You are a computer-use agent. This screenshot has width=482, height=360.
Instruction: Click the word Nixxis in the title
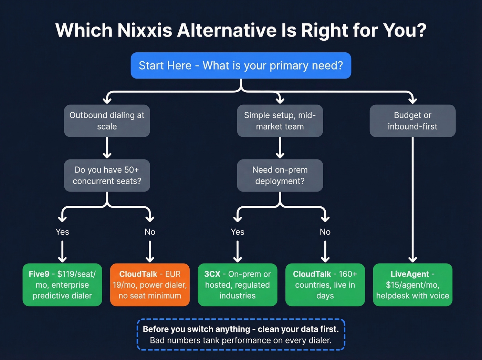pyautogui.click(x=145, y=30)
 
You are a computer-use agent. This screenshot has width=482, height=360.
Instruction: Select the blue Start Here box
pyautogui.click(x=241, y=65)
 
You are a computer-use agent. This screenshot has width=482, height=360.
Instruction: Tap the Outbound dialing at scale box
pyautogui.click(x=107, y=121)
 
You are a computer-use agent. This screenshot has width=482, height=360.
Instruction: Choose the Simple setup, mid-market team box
pyautogui.click(x=280, y=121)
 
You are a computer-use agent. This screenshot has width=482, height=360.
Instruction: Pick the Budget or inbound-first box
pyautogui.click(x=412, y=121)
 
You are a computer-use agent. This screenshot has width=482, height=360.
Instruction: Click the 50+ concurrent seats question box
pyautogui.click(x=107, y=175)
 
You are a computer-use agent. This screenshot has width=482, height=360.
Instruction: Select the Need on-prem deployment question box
pyautogui.click(x=280, y=175)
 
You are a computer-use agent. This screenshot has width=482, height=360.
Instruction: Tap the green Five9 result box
pyautogui.click(x=62, y=285)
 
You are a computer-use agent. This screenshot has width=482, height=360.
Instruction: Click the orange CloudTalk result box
pyautogui.click(x=150, y=285)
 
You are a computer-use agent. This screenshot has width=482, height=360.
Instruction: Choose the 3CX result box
pyautogui.click(x=238, y=285)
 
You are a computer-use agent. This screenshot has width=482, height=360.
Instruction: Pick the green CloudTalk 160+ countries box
pyautogui.click(x=325, y=285)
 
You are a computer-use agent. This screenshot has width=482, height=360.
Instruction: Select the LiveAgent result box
pyautogui.click(x=412, y=285)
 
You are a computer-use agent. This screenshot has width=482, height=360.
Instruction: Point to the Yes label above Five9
pyautogui.click(x=62, y=232)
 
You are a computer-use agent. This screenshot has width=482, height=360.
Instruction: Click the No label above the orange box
pyautogui.click(x=150, y=232)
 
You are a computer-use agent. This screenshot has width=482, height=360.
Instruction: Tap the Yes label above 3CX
pyautogui.click(x=238, y=232)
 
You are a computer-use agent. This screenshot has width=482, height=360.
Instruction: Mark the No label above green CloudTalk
pyautogui.click(x=325, y=232)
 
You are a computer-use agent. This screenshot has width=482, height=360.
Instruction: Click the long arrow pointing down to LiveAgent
pyautogui.click(x=412, y=200)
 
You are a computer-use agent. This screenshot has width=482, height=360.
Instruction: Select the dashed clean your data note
pyautogui.click(x=241, y=335)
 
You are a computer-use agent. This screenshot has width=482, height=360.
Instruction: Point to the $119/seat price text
pyautogui.click(x=76, y=274)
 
